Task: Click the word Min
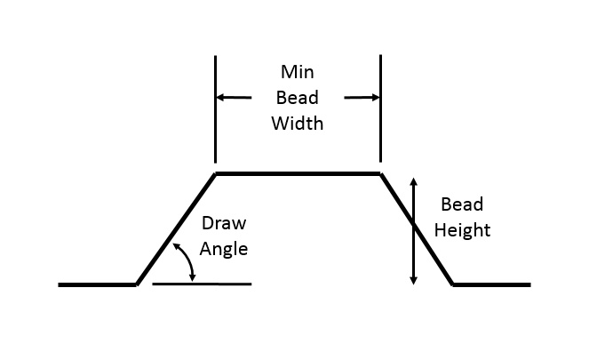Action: point(298,71)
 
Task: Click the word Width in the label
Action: point(298,123)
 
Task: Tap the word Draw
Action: point(222,223)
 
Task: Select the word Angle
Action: point(223,249)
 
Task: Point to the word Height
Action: point(462,231)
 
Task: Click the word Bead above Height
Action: point(462,204)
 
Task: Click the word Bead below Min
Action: point(298,97)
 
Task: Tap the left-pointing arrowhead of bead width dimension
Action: point(220,97)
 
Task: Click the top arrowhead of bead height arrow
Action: point(413,180)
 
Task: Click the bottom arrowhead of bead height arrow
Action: point(413,280)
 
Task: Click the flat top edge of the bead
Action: point(298,174)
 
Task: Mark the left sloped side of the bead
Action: point(176,229)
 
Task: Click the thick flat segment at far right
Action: point(491,284)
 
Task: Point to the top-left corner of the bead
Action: point(215,174)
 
